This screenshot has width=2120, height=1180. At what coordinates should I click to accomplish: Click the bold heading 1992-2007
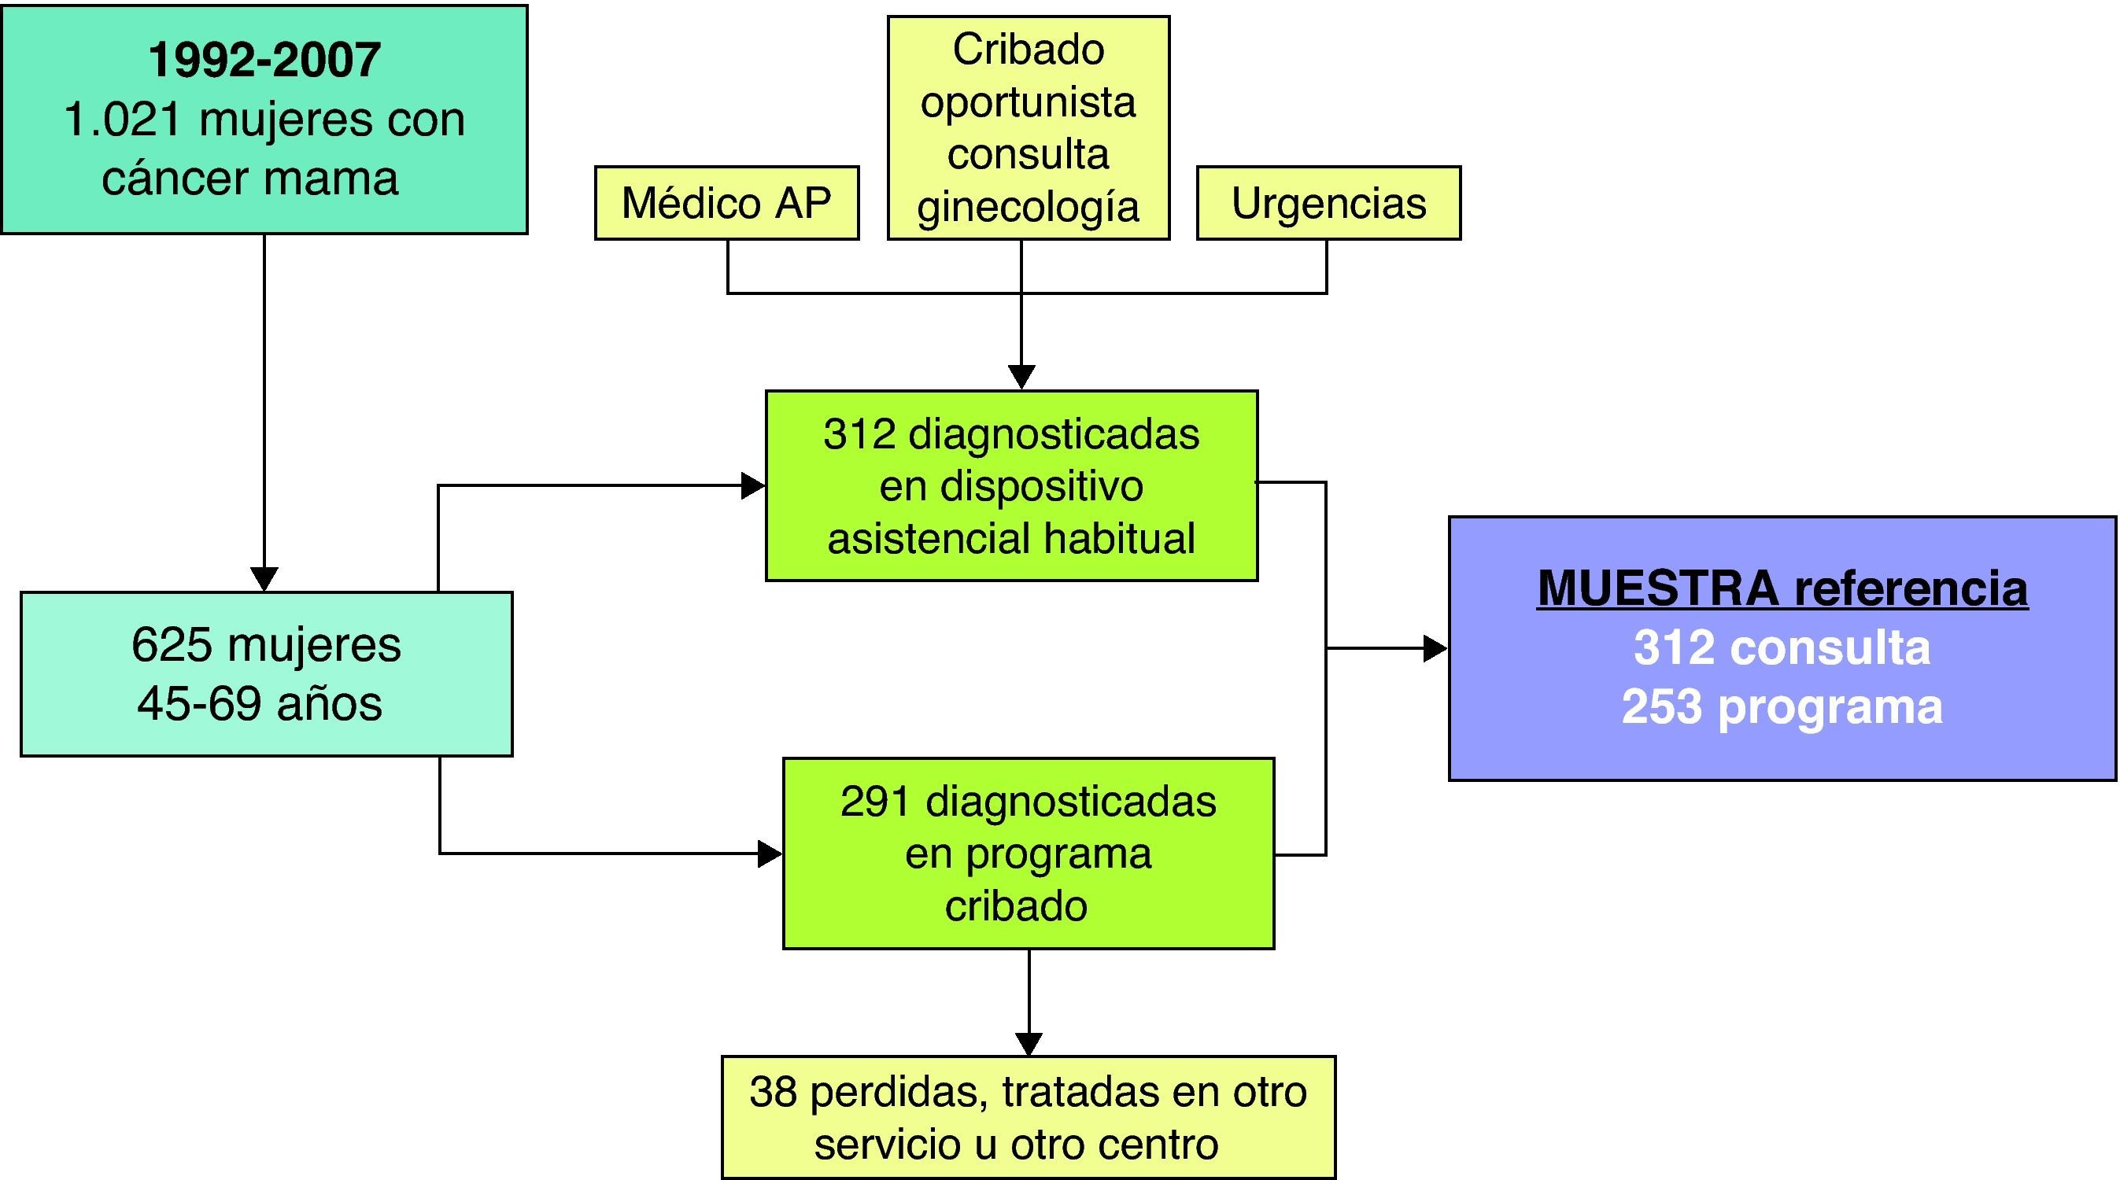click(x=264, y=60)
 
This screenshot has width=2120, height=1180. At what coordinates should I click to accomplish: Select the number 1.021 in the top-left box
click(x=122, y=120)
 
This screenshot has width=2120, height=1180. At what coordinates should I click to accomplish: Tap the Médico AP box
click(x=726, y=203)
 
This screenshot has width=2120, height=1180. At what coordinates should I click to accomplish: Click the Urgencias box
click(x=1328, y=203)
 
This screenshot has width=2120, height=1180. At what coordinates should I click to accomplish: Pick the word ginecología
click(x=1028, y=207)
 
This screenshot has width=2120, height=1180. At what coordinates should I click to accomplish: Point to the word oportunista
click(x=1028, y=102)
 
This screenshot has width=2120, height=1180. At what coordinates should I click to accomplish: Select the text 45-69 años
click(x=260, y=704)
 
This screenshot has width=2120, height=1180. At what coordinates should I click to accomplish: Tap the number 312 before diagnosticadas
click(x=859, y=433)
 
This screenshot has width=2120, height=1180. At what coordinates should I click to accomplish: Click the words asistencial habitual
click(x=1010, y=539)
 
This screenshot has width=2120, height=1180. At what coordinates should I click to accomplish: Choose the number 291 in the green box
click(x=876, y=802)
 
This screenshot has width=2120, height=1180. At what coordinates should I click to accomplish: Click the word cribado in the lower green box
click(x=1016, y=907)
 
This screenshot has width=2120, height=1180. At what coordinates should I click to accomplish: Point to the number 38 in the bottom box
click(x=773, y=1092)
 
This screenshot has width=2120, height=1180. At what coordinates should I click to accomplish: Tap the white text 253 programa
click(x=1782, y=707)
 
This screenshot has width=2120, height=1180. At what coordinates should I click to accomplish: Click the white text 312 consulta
click(x=1782, y=647)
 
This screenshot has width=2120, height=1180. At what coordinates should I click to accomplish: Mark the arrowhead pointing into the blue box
click(x=1435, y=648)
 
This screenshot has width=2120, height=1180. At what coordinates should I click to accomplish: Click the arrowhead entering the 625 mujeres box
click(x=264, y=578)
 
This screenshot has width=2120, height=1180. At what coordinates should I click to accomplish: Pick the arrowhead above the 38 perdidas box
click(x=1029, y=1043)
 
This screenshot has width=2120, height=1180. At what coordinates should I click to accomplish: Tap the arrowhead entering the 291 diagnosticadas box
click(x=770, y=854)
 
